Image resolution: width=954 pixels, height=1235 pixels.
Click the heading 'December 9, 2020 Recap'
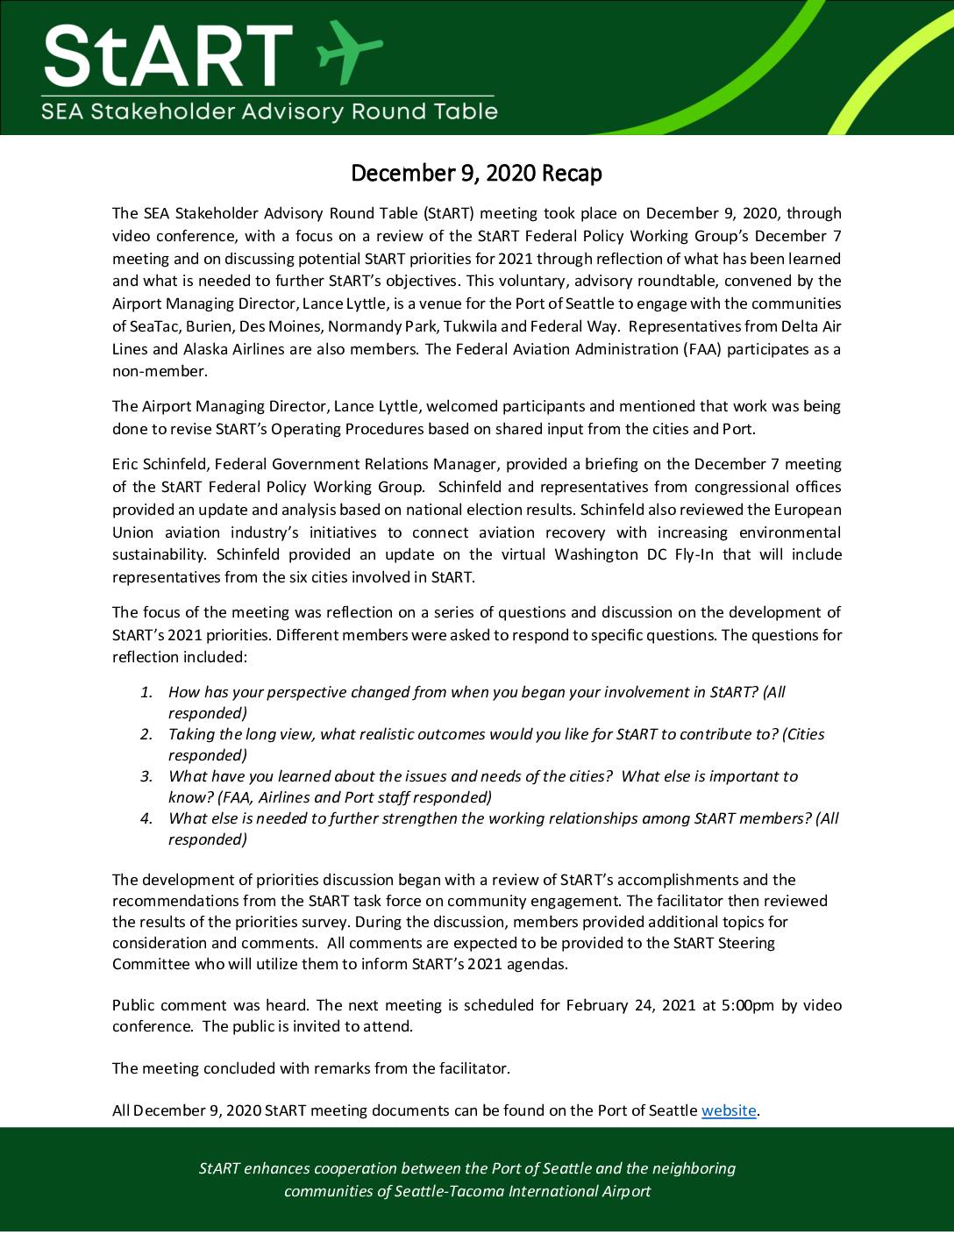click(476, 173)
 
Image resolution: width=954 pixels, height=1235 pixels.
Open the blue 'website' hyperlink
click(729, 1110)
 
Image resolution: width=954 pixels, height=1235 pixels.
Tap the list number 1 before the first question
click(147, 692)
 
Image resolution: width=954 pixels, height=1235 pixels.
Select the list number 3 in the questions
click(146, 776)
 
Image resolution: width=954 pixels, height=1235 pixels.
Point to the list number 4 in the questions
click(146, 818)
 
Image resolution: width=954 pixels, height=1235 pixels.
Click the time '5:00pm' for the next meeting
click(748, 1005)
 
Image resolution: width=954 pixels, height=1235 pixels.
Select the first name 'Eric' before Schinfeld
click(127, 464)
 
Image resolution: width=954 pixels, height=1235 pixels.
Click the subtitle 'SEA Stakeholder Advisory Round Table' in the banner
click(270, 111)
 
